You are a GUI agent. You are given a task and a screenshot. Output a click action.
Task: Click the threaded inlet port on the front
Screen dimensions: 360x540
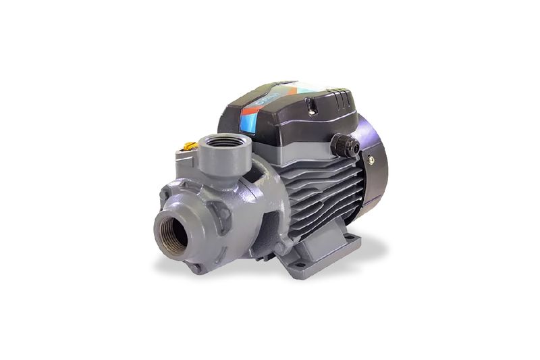174,230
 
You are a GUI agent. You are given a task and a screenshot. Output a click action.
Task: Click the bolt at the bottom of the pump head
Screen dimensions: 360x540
197,267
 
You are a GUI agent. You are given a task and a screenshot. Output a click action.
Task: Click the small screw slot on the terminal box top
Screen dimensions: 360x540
312,103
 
